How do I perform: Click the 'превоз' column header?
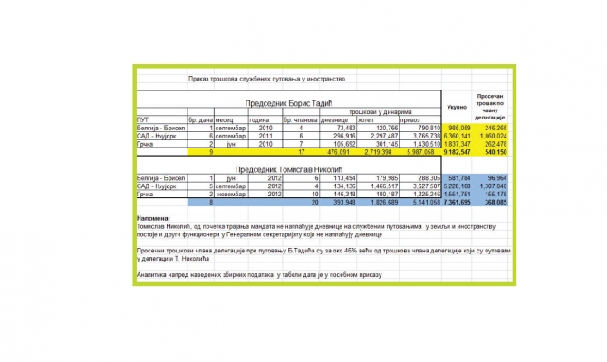(x=409, y=119)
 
